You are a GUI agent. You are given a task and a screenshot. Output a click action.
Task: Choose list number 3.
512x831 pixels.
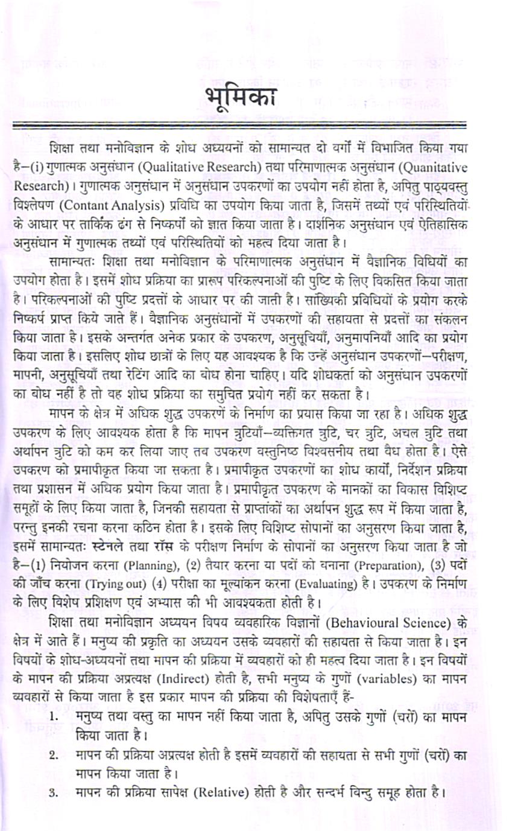pyautogui.click(x=54, y=789)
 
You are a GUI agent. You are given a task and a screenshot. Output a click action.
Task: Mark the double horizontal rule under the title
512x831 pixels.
pyautogui.click(x=241, y=126)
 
